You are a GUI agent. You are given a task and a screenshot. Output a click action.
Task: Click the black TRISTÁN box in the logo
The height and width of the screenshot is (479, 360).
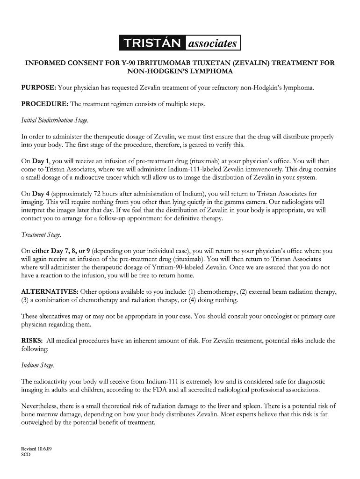(x=152, y=44)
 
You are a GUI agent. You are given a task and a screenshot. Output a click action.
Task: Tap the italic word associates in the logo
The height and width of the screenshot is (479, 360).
(x=213, y=44)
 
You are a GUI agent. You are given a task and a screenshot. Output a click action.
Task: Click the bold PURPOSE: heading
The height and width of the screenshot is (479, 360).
(x=39, y=87)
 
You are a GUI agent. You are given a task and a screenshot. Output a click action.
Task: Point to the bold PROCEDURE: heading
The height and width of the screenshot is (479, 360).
(x=44, y=104)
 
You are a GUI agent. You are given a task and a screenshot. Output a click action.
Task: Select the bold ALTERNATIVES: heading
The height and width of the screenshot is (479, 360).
(x=50, y=292)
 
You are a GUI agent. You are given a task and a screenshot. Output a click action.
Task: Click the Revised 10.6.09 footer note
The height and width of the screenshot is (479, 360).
(x=36, y=449)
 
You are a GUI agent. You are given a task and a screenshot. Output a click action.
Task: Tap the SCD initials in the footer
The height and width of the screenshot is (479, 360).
(x=26, y=454)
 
